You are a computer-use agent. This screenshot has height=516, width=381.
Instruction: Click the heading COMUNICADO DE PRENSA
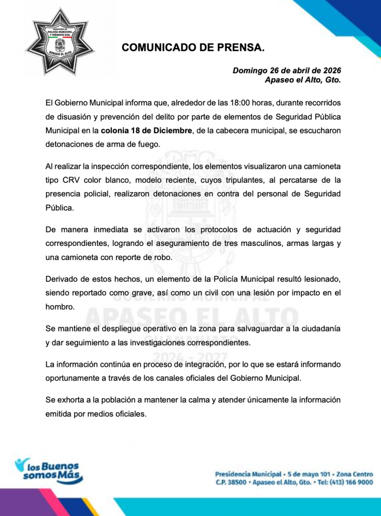(x=193, y=48)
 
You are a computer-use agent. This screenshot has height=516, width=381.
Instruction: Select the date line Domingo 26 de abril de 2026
(x=287, y=71)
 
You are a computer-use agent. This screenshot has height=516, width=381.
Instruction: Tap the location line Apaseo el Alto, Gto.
(x=303, y=80)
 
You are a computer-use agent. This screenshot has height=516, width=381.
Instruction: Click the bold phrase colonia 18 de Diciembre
(x=146, y=131)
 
